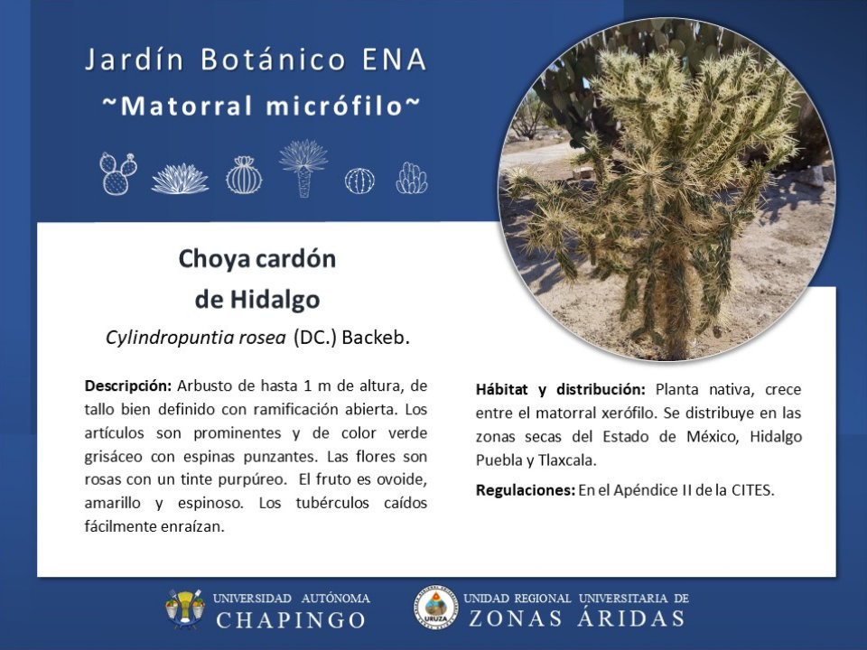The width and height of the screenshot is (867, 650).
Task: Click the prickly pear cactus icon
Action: pyautogui.click(x=117, y=173)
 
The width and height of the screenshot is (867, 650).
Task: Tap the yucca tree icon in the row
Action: pyautogui.click(x=303, y=169)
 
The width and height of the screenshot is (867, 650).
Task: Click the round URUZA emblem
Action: pyautogui.click(x=436, y=608)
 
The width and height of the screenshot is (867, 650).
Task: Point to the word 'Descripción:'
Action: pyautogui.click(x=128, y=385)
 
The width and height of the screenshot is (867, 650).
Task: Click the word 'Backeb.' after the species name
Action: pyautogui.click(x=376, y=337)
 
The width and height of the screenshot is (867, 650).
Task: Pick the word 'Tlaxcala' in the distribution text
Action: pyautogui.click(x=567, y=460)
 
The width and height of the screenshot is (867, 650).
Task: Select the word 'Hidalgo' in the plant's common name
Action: pyautogui.click(x=275, y=300)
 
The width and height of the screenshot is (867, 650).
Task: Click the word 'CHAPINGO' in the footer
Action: pyautogui.click(x=291, y=619)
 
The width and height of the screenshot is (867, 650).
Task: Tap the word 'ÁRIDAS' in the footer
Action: pyautogui.click(x=631, y=617)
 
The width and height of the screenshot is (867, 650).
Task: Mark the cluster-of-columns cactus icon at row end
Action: pyautogui.click(x=412, y=178)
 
